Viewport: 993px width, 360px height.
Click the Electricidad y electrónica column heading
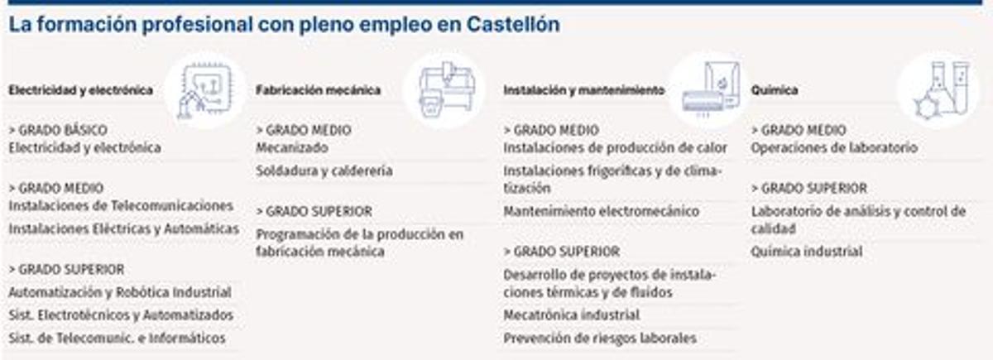tap(80, 90)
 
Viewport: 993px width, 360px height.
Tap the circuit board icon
tap(203, 89)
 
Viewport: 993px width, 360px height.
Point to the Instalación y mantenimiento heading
tap(583, 90)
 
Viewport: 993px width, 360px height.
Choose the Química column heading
tap(775, 90)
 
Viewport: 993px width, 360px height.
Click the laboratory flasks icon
tap(938, 89)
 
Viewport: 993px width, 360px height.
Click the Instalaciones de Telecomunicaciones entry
tap(121, 205)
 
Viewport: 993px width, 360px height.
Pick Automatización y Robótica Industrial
tap(120, 292)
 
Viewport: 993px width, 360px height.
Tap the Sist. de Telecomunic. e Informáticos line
tap(117, 338)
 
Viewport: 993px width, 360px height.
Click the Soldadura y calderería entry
tap(324, 171)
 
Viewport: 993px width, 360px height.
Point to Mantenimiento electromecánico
tap(601, 211)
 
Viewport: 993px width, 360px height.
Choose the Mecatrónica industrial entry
tap(571, 315)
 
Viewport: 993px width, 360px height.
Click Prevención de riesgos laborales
tap(600, 338)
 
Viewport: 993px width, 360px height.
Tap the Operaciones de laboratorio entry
tap(834, 148)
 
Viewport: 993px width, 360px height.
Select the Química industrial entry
tap(807, 252)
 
